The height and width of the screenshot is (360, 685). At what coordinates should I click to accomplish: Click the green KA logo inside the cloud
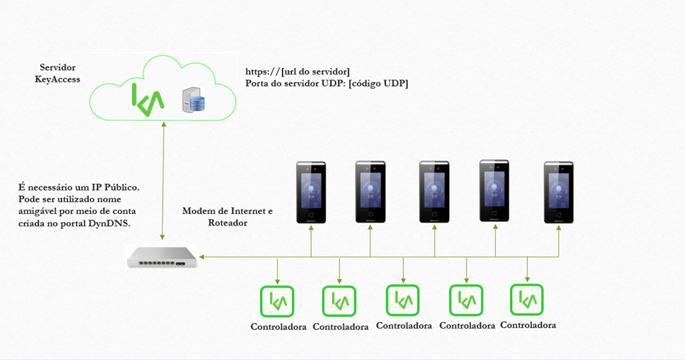(x=148, y=99)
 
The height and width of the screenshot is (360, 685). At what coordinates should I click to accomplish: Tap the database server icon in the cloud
(x=194, y=99)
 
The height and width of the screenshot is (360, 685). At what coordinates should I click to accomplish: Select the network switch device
(x=161, y=257)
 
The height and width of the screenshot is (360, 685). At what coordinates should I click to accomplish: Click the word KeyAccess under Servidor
(x=58, y=80)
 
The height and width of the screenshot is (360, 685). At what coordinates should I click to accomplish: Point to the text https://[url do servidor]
(x=297, y=72)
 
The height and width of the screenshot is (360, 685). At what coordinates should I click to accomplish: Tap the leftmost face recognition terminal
(x=311, y=192)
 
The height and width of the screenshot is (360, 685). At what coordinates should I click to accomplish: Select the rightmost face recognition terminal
(x=559, y=192)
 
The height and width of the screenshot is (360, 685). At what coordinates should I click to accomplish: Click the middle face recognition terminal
(x=435, y=192)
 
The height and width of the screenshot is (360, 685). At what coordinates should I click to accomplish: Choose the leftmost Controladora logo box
(x=277, y=301)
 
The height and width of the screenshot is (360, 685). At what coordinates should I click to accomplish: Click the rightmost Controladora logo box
(x=527, y=299)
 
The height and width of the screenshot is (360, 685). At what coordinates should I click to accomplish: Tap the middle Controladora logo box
(x=403, y=300)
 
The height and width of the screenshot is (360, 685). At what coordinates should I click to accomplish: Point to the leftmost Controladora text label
(x=278, y=327)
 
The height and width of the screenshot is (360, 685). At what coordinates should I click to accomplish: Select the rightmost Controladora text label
(x=528, y=325)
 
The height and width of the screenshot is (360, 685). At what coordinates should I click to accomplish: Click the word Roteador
(x=228, y=223)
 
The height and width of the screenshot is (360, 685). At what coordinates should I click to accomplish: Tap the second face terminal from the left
(x=370, y=192)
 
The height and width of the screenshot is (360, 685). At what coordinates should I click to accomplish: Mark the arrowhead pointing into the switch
(x=202, y=257)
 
